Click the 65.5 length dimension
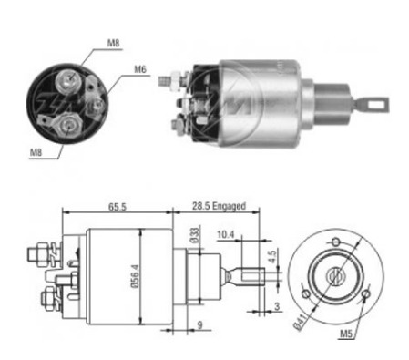[x=118, y=207]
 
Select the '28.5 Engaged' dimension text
[x=219, y=206]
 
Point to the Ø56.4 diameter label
[x=136, y=276]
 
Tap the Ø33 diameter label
[x=196, y=235]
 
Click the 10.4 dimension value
[x=226, y=234]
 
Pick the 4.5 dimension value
[x=272, y=256]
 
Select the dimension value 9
[x=199, y=324]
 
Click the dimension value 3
[x=277, y=306]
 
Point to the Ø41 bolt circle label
[x=300, y=322]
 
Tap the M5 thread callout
[x=346, y=334]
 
